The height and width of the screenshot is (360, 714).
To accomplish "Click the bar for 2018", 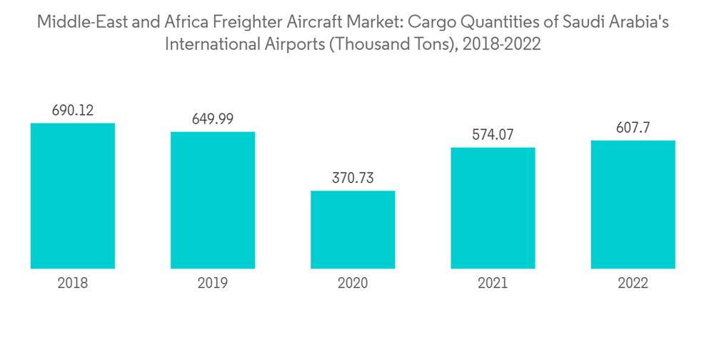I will (x=73, y=196).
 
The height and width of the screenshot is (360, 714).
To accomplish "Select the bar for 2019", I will (x=213, y=200).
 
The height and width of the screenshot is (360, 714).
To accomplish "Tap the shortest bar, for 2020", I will (x=353, y=229).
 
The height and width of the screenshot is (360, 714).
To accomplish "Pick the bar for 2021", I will (x=493, y=208).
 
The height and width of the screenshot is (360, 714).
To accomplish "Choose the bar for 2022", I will (x=633, y=204).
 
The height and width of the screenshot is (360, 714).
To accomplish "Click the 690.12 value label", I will (x=73, y=111).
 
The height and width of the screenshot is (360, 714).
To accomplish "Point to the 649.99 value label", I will (x=213, y=119).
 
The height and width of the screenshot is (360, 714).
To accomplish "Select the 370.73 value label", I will (x=353, y=178).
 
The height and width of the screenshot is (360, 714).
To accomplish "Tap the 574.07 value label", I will (x=493, y=134).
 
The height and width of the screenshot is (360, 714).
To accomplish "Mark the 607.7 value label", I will (x=633, y=127).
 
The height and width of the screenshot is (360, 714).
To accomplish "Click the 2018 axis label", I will (x=73, y=284).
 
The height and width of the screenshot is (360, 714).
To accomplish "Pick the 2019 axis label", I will (x=213, y=284).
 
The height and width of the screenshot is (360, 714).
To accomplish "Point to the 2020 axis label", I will (x=353, y=284).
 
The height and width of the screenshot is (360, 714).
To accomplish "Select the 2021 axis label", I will (x=493, y=284).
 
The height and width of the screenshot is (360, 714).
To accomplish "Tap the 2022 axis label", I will (x=633, y=284).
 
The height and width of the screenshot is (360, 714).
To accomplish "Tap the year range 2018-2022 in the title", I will (x=503, y=44).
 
